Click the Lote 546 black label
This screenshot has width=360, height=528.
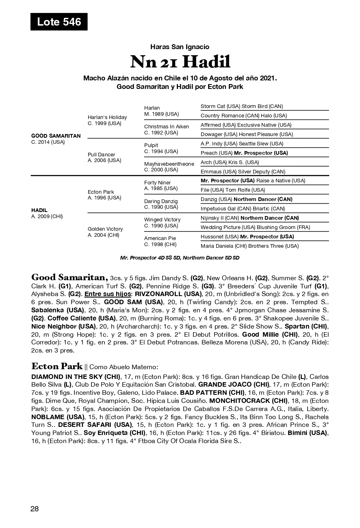[59, 22]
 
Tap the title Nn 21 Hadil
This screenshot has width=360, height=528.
[180, 62]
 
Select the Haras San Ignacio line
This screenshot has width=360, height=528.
[180, 47]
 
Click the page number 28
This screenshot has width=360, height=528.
[35, 509]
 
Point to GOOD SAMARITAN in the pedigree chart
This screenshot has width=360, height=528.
[56, 136]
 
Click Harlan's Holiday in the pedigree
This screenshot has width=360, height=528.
[107, 117]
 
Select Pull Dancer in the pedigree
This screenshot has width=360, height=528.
[102, 155]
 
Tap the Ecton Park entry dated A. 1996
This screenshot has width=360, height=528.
[101, 192]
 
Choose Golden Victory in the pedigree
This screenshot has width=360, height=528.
[105, 229]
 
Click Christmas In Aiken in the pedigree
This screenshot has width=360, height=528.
[167, 127]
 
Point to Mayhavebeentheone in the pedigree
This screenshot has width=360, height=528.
[169, 164]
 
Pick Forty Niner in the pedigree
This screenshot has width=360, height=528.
[158, 183]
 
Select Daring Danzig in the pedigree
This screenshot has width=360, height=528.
[161, 201]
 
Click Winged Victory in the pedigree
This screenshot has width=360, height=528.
[163, 220]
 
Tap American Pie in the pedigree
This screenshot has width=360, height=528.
[160, 238]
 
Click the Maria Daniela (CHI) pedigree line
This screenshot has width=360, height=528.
[249, 246]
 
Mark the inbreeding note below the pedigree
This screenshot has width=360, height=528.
[180, 258]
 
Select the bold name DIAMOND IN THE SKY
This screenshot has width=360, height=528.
[67, 377]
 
